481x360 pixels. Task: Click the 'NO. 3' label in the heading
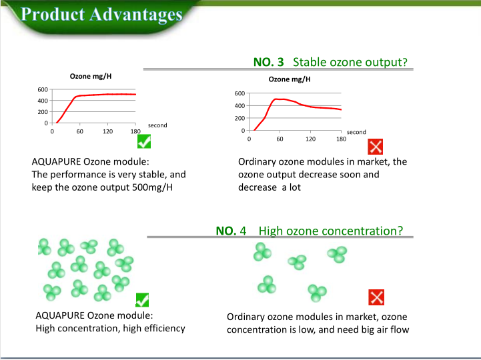coord(268,62)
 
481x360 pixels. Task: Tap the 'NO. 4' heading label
coord(231,231)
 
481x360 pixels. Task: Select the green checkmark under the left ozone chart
coord(144,141)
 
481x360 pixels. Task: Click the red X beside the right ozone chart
coord(375,147)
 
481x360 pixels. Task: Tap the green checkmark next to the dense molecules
coord(142,300)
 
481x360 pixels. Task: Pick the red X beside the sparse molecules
coord(376,297)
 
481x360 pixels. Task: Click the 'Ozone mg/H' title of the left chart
coord(91,77)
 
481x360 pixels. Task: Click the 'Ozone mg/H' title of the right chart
coord(290,79)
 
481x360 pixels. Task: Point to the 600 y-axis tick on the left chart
coord(43,89)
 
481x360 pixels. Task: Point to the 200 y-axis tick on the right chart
coord(239,119)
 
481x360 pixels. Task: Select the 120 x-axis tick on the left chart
coord(107,131)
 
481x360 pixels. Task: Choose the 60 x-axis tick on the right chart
coord(280,139)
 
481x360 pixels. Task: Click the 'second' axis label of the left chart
coord(157,125)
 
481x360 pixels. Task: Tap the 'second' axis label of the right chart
coord(356,132)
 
